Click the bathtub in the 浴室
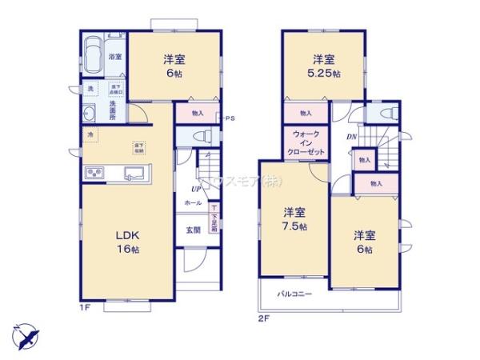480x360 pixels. pos(90,56)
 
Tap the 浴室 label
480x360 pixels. pos(115,57)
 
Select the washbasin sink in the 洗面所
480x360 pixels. pos(90,112)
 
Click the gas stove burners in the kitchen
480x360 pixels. pos(93,173)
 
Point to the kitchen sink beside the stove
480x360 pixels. pos(133,172)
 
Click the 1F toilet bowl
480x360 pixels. pos(202,135)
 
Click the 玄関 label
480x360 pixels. pos(194,230)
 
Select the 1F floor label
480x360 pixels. pos(83,307)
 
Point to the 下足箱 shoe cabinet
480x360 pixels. pos(214,218)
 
